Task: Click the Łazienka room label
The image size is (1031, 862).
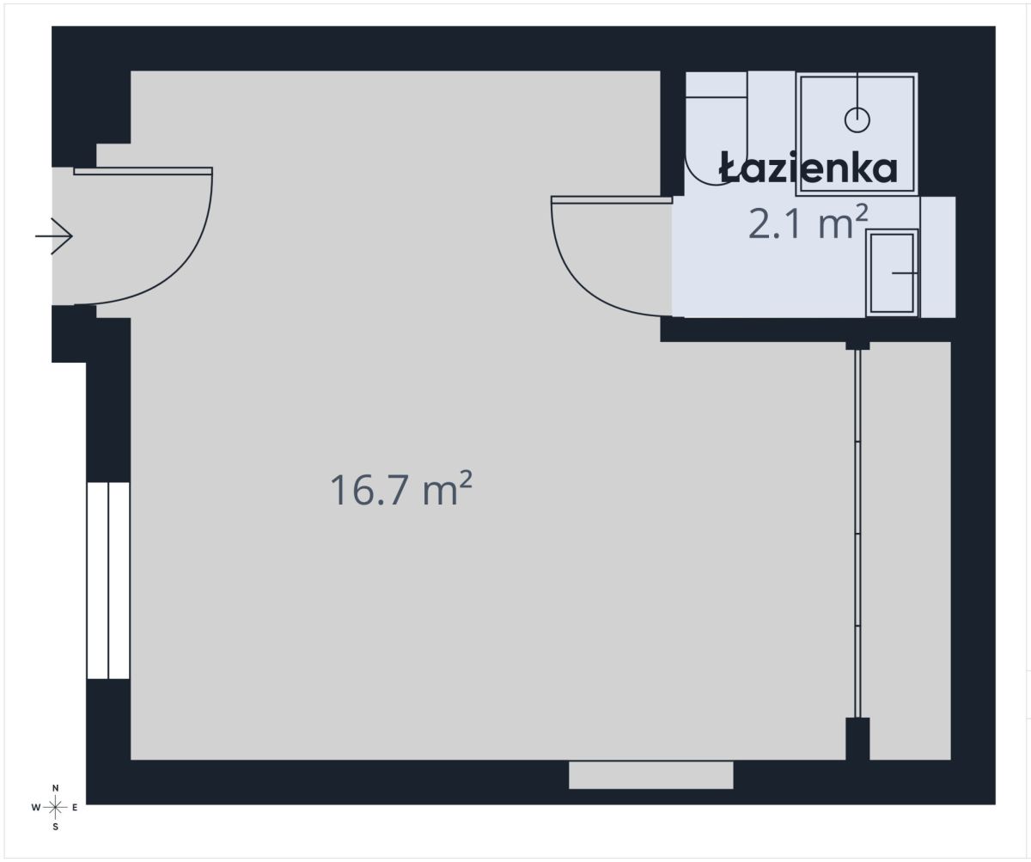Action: coord(808,168)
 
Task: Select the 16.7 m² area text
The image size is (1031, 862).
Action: coord(401,491)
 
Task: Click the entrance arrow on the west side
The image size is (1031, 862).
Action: coord(54,235)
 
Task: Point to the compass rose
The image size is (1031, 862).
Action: coord(55,807)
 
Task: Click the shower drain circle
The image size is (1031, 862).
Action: coord(857,119)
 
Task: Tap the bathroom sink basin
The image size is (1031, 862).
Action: coord(892,272)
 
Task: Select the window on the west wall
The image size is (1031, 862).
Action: coord(108,580)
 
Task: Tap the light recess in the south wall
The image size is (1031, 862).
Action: coord(650,774)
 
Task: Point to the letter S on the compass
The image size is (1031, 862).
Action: coord(55,827)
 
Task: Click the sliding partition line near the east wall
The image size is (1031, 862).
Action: coord(857,533)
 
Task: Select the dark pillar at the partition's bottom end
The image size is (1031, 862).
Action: coord(857,737)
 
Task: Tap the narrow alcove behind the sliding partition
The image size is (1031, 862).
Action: coord(909,550)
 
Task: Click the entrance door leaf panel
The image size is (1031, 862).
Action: coord(143,171)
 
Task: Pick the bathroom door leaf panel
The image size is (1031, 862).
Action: coord(611,200)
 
